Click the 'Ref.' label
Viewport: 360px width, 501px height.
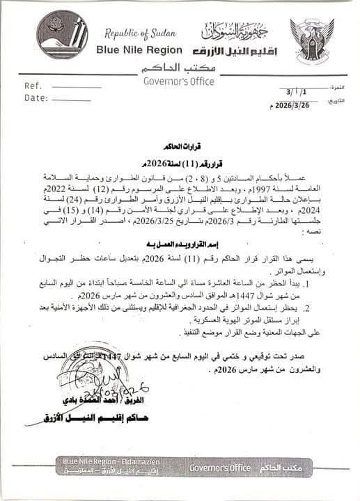pos(33,86)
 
